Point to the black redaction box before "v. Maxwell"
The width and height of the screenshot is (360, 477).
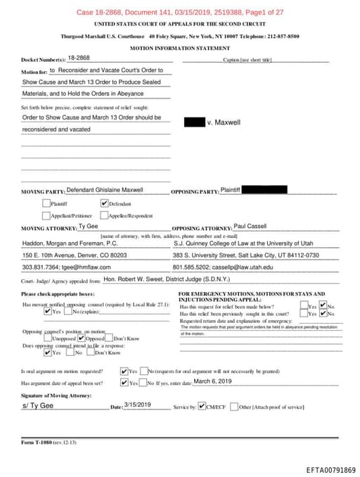click(x=194, y=122)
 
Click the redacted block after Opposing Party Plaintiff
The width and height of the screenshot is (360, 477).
click(x=264, y=190)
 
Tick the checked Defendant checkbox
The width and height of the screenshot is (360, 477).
click(x=105, y=203)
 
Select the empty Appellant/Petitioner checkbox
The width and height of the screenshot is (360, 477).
click(x=46, y=215)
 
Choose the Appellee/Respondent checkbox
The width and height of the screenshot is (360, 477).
click(x=104, y=215)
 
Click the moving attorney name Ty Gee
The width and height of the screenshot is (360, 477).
click(x=88, y=227)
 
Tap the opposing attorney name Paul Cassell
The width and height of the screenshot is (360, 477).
click(x=250, y=227)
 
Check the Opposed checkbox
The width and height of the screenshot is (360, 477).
click(x=82, y=338)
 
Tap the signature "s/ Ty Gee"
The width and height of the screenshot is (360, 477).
click(x=37, y=406)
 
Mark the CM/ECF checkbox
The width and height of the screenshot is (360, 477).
click(x=202, y=407)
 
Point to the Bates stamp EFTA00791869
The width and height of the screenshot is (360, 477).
click(x=330, y=469)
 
